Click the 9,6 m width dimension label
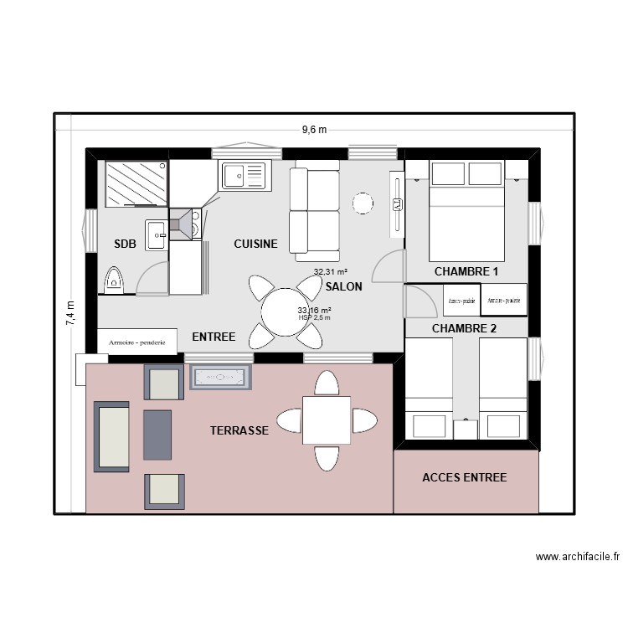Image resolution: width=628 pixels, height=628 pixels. pyautogui.click(x=314, y=130)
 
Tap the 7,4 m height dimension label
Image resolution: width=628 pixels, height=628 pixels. pyautogui.click(x=69, y=315)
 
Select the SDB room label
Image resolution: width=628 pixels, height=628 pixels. pyautogui.click(x=125, y=245)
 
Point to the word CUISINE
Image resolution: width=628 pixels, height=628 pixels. pyautogui.click(x=255, y=245)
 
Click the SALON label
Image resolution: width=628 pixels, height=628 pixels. pyautogui.click(x=343, y=286)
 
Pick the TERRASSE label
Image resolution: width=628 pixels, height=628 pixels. pyautogui.click(x=239, y=430)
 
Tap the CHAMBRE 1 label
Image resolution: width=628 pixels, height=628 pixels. pyautogui.click(x=466, y=272)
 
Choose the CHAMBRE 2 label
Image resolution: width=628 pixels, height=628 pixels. pyautogui.click(x=464, y=328)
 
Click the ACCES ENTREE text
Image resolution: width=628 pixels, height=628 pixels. pyautogui.click(x=464, y=477)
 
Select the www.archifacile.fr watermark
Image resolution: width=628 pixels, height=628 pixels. pyautogui.click(x=578, y=557)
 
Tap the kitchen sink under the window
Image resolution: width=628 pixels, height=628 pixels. pyautogui.click(x=244, y=175)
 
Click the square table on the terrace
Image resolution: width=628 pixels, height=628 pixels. pyautogui.click(x=327, y=420)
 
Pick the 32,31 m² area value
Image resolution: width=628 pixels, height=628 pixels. pyautogui.click(x=331, y=272)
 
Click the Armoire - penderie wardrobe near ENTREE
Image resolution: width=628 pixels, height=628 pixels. pyautogui.click(x=137, y=342)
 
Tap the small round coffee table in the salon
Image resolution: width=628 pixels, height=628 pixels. pyautogui.click(x=362, y=203)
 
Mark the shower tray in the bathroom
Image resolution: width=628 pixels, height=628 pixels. pyautogui.click(x=136, y=183)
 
